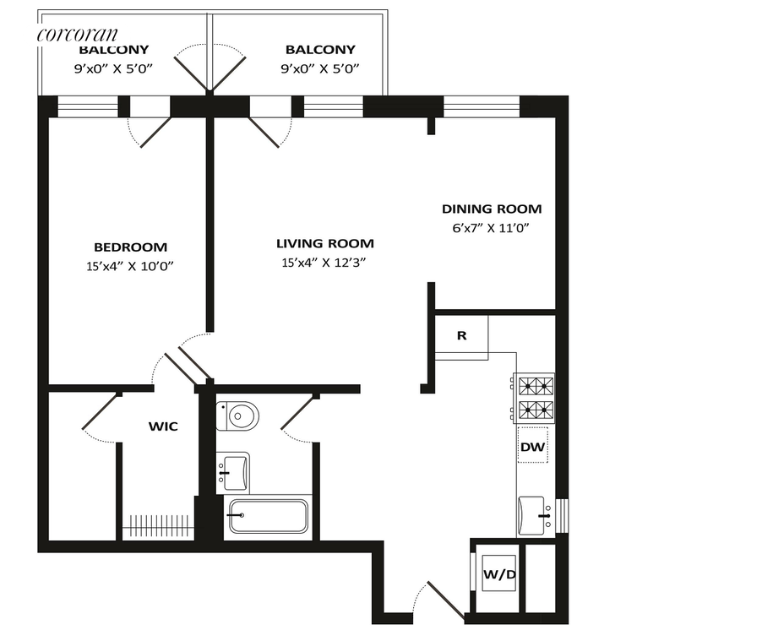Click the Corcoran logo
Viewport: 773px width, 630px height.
78,34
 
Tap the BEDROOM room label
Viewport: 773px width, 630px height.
131,247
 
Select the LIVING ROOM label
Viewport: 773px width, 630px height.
325,243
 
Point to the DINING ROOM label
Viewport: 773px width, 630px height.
492,209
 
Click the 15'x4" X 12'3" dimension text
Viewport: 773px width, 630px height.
324,263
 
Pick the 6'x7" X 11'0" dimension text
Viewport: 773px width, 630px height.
491,228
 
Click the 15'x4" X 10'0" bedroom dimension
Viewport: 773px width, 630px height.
130,266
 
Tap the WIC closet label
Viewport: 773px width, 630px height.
163,426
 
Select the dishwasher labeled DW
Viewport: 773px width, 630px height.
532,447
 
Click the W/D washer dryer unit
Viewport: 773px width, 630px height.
499,573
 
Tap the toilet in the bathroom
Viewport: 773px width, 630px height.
237,415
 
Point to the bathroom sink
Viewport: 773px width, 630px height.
233,473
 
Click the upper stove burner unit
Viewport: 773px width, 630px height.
534,385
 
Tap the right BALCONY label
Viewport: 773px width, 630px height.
320,50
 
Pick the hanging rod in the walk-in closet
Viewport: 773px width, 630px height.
160,525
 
